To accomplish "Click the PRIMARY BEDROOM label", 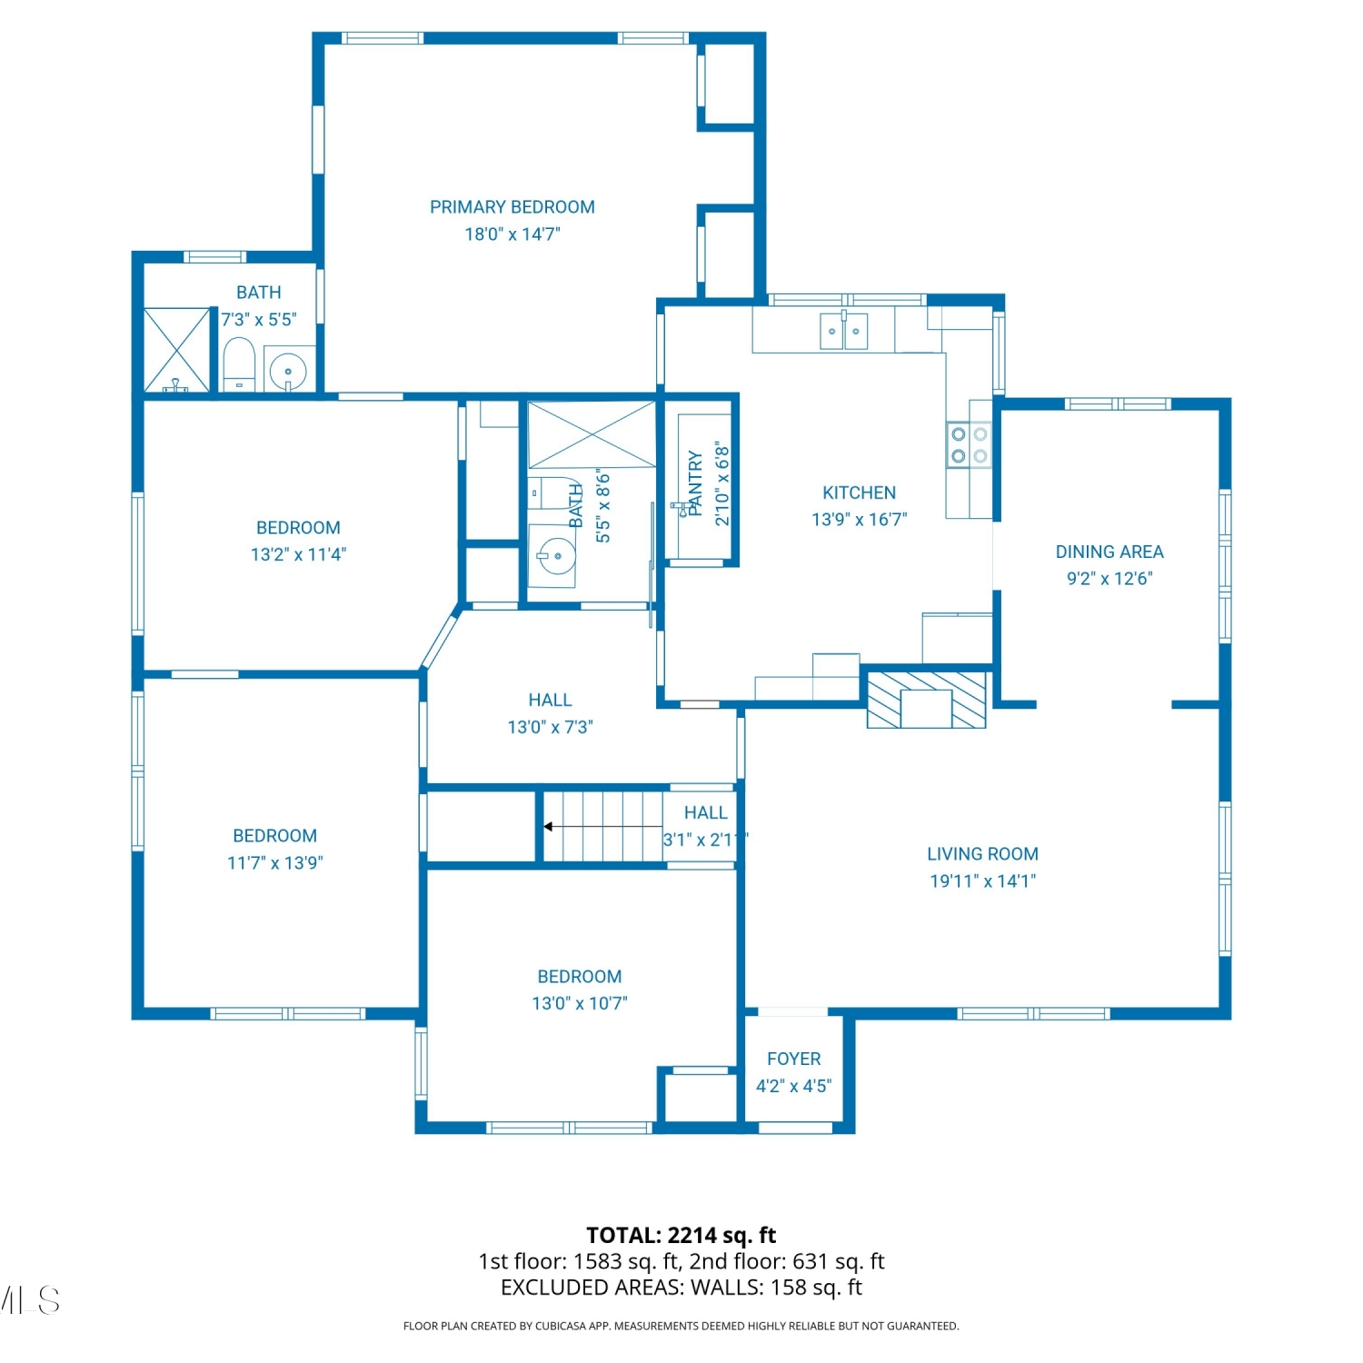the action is (x=512, y=207).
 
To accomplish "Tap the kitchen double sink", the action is (x=844, y=331).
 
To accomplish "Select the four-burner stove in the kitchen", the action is (x=969, y=445).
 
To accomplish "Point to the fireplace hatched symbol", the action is (x=927, y=700).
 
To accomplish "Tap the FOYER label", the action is (x=793, y=1059).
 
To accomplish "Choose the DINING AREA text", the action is (x=1109, y=552).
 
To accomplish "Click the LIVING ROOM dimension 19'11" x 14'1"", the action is (x=982, y=880).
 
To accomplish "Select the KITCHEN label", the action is (x=859, y=492).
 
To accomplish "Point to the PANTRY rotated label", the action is (x=695, y=483).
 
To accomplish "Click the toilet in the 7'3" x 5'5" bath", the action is (x=239, y=365).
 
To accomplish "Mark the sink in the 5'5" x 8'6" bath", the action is (x=555, y=554).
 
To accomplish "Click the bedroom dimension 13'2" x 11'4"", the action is (x=298, y=554).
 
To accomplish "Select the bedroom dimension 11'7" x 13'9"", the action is (x=274, y=862).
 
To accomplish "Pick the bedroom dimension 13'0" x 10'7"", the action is (x=580, y=1003).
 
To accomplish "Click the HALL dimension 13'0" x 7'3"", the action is (x=550, y=727).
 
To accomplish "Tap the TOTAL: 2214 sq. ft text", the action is (x=681, y=1235).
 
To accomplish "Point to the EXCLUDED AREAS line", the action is (x=681, y=1288).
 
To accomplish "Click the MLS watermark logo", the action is (x=30, y=1300).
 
